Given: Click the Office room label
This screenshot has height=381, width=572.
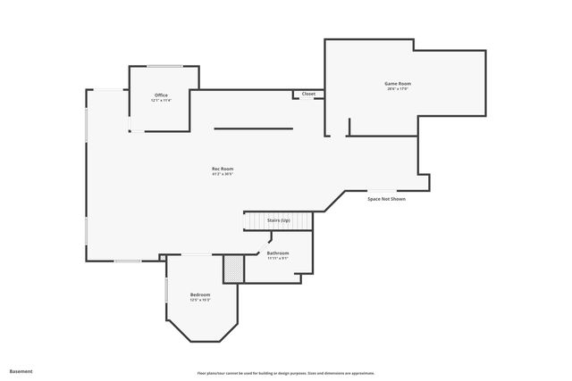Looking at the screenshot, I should [161, 95].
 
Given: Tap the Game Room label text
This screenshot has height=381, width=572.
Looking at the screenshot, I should [398, 83].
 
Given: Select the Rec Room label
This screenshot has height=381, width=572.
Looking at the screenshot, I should [223, 169].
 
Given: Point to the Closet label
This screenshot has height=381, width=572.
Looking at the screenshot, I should [308, 94].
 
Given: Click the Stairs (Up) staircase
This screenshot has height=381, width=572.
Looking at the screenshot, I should [279, 220].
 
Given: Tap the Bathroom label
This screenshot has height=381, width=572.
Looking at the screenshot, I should [278, 253].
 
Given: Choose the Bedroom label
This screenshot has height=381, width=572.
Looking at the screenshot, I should [200, 294].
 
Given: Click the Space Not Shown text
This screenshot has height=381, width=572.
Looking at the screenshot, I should [386, 199].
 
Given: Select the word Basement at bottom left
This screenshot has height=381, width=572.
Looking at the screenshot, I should [21, 370].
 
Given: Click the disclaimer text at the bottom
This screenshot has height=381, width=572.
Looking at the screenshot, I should [285, 372].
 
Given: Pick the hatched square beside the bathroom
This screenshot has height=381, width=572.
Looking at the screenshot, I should [233, 269].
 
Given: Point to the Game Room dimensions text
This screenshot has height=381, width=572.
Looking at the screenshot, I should [398, 89].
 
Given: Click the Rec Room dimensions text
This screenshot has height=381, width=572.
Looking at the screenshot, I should [223, 174].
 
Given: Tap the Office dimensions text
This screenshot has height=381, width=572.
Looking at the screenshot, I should [161, 101].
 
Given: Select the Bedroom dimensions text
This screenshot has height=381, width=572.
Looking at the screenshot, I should [200, 301].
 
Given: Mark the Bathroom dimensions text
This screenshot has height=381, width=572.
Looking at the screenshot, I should [278, 259].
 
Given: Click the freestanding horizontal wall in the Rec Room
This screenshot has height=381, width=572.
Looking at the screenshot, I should [253, 128].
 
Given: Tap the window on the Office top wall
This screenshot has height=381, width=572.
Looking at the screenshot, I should [165, 66].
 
